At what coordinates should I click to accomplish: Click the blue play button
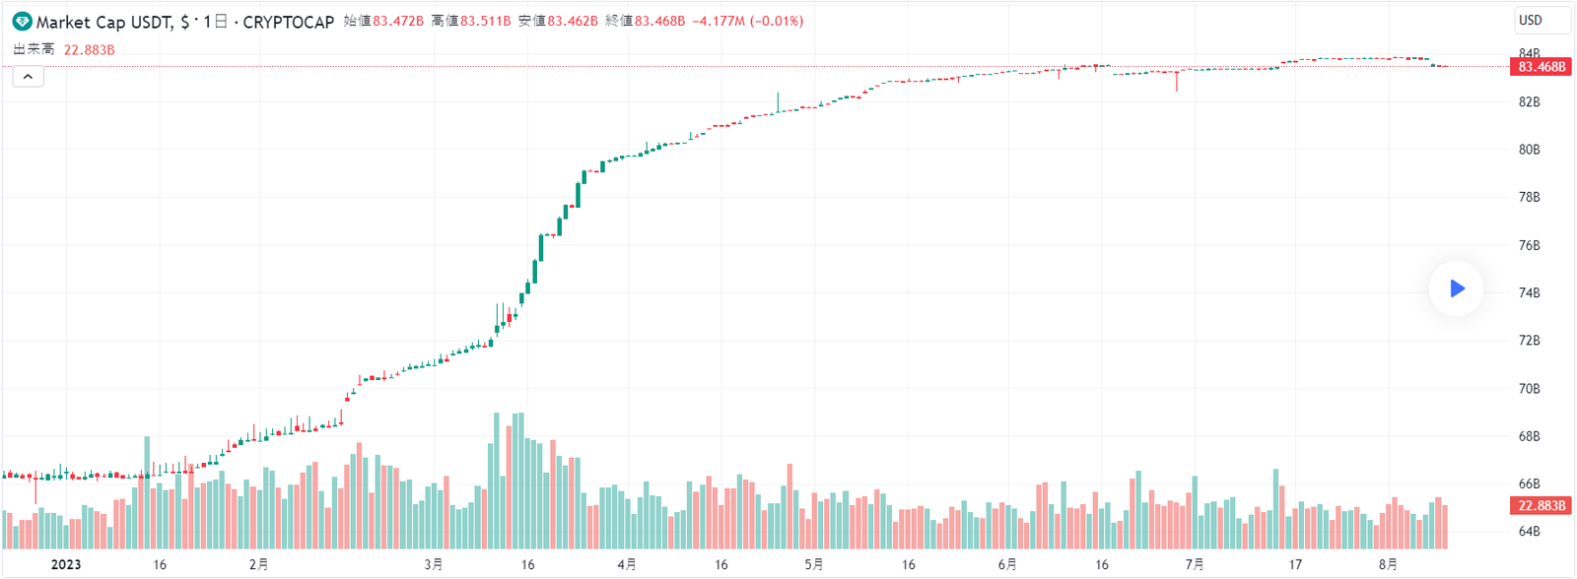point(1457,289)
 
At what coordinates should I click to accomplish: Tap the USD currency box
point(1542,21)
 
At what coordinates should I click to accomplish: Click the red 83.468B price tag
point(1541,67)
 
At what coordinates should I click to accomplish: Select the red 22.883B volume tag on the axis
point(1541,505)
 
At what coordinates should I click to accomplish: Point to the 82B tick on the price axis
point(1529,101)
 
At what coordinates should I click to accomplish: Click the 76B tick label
point(1529,245)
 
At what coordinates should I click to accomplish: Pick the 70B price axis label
point(1529,388)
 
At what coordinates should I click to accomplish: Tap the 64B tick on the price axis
point(1529,532)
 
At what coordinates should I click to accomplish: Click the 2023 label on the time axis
point(66,564)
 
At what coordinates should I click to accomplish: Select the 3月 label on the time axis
point(434,564)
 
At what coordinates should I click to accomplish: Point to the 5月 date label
point(814,564)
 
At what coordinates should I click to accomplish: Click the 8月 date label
point(1388,564)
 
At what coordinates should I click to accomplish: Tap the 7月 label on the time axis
point(1195,564)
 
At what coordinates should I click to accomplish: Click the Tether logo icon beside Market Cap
point(22,22)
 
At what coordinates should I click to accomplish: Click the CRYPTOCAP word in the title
point(289,22)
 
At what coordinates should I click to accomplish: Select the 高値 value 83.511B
point(486,21)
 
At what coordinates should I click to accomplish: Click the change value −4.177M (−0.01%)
point(747,21)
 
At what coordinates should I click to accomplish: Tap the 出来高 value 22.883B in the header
point(90,49)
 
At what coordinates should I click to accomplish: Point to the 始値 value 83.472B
point(398,21)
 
